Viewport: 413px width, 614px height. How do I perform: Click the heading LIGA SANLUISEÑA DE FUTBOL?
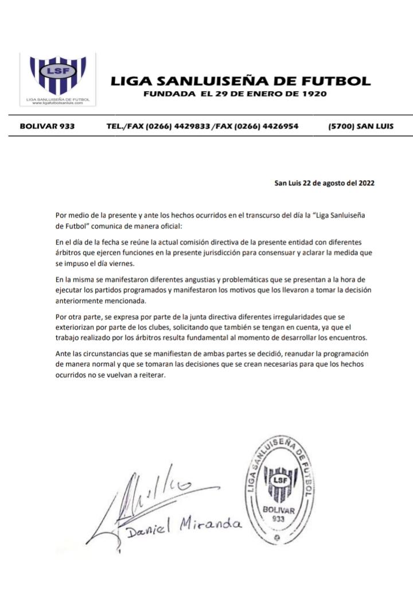pyautogui.click(x=240, y=81)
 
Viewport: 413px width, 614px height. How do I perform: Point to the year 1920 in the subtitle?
pyautogui.click(x=315, y=94)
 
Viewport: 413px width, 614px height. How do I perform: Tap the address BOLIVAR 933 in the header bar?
pyautogui.click(x=47, y=126)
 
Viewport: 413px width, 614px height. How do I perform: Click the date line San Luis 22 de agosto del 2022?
pyautogui.click(x=324, y=184)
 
